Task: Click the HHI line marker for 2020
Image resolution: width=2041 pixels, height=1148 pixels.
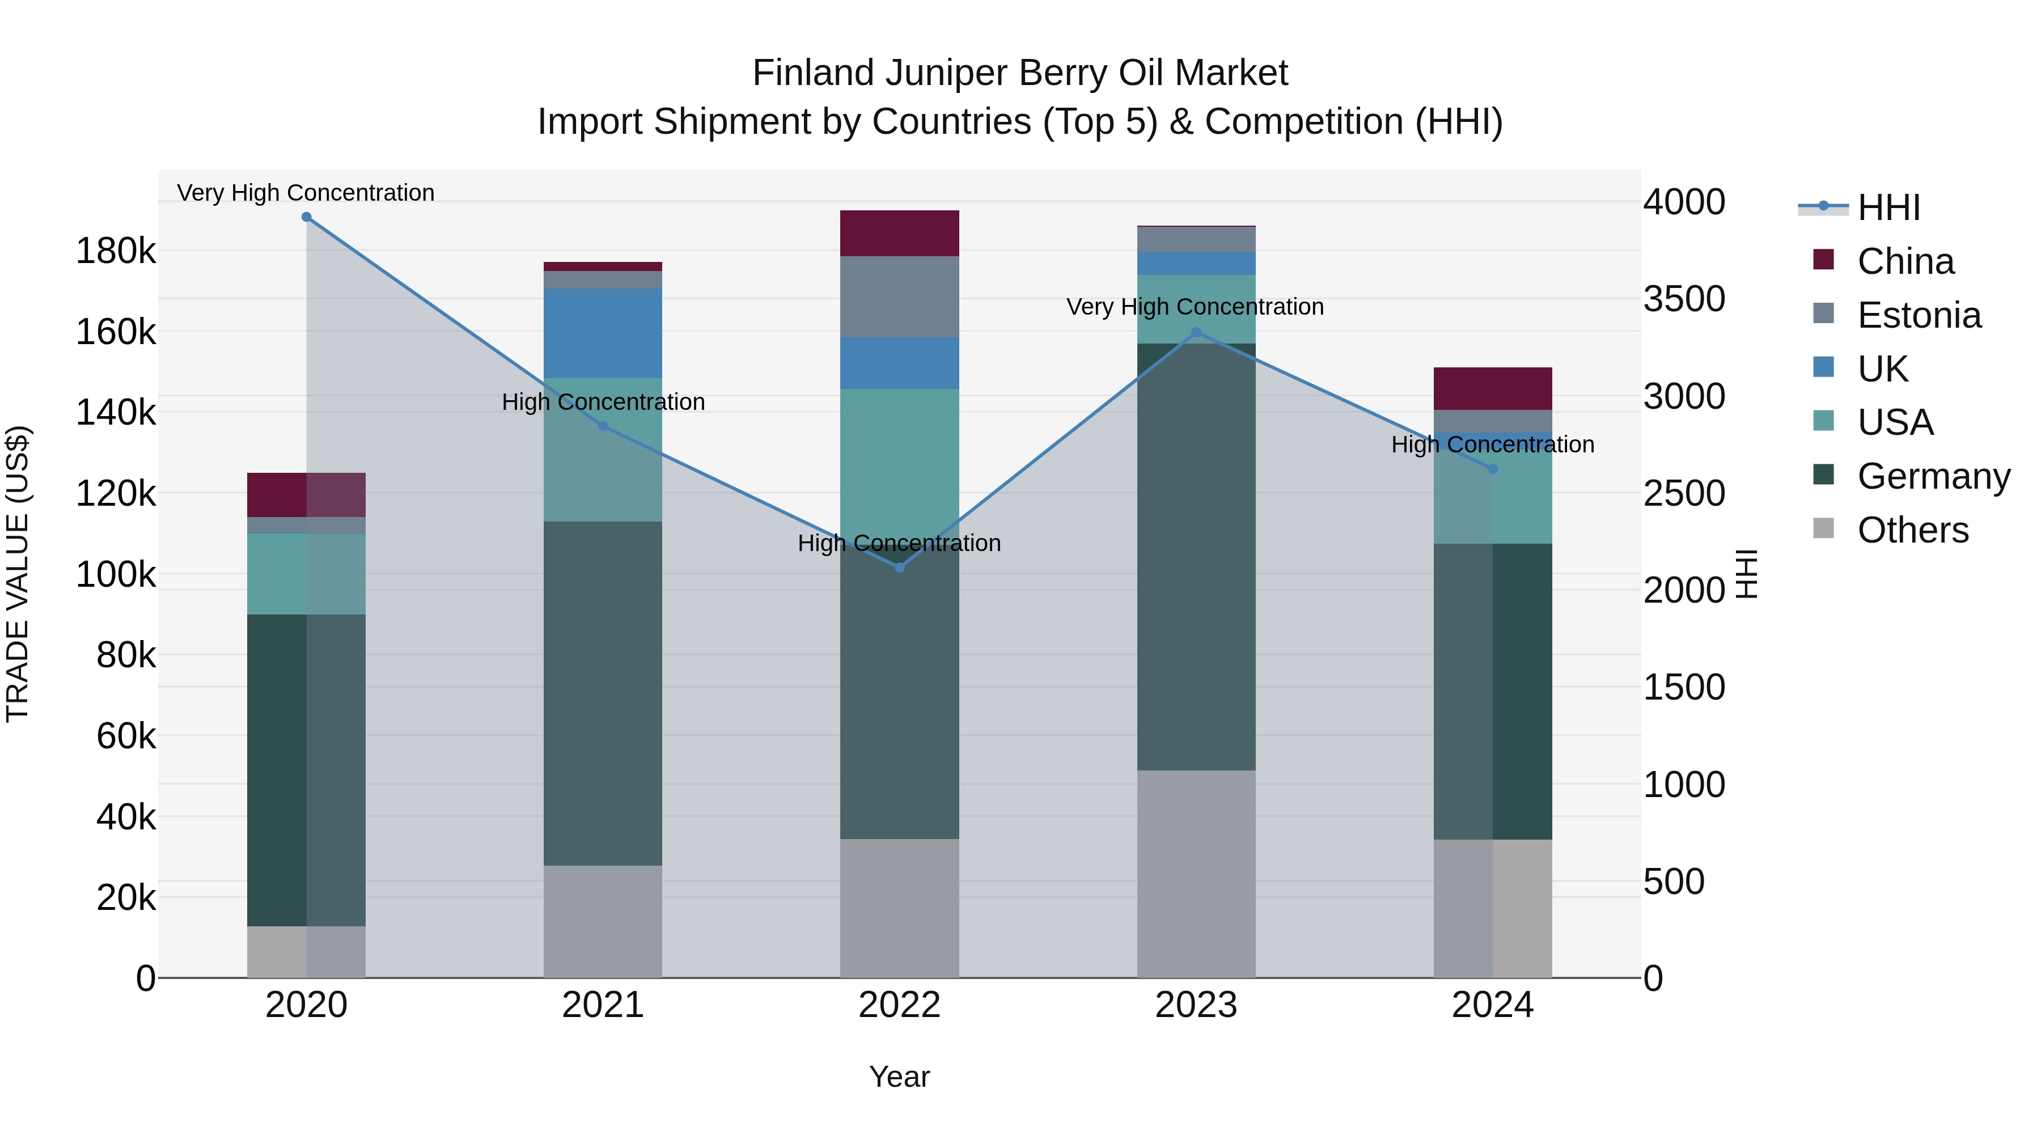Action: point(307,217)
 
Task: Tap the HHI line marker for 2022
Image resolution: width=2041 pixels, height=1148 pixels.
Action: point(899,567)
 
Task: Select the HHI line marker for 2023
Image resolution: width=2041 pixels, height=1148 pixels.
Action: point(1196,333)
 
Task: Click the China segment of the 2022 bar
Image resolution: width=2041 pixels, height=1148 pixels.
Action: point(899,233)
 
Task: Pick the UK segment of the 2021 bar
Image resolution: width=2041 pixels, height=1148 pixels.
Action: point(603,333)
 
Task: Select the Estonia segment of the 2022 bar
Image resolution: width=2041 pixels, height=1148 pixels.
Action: point(899,297)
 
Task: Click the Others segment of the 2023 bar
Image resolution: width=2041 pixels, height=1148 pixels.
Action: point(1196,873)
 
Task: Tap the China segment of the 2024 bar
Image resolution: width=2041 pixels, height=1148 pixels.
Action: point(1493,388)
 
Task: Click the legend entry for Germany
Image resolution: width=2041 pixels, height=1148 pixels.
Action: point(1933,476)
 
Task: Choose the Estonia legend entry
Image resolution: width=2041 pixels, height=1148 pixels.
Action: point(1918,315)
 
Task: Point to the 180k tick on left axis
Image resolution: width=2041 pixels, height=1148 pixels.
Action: point(116,251)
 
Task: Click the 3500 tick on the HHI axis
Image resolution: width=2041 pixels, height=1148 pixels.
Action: point(1684,299)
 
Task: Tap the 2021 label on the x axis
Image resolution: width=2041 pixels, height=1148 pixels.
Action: point(603,1005)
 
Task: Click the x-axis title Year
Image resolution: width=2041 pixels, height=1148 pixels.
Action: point(899,1077)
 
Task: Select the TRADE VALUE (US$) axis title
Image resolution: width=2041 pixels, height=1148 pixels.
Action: point(18,574)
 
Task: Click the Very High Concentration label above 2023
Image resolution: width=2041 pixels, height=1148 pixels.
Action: point(1195,307)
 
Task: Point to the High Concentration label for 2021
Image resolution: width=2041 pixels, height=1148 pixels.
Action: point(603,402)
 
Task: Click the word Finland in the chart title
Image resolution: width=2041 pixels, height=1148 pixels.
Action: point(814,73)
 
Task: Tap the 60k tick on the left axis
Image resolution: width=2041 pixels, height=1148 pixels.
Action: point(125,736)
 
